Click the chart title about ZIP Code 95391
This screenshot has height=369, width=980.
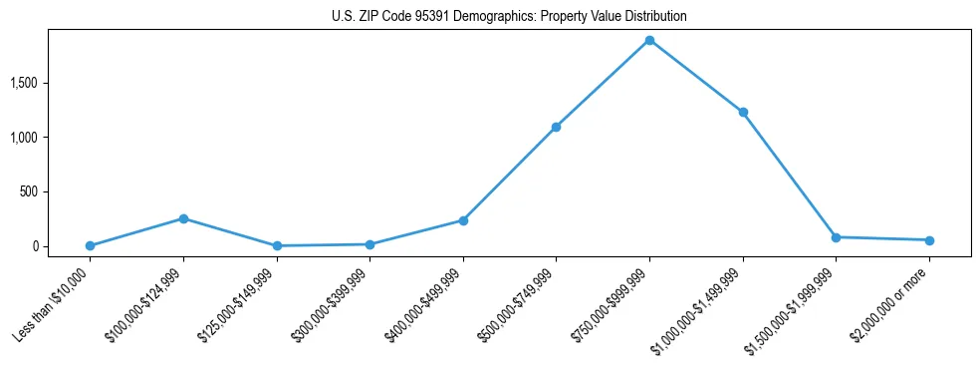click(x=509, y=17)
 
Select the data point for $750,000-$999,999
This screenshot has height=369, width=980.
click(x=649, y=41)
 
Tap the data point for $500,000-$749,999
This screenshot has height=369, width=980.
click(x=556, y=127)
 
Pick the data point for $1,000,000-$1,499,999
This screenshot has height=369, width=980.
click(x=743, y=113)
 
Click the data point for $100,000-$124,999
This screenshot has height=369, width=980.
click(x=183, y=218)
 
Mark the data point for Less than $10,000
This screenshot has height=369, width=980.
click(x=90, y=245)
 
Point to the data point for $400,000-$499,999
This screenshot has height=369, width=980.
click(x=463, y=220)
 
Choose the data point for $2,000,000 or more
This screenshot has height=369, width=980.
click(x=929, y=240)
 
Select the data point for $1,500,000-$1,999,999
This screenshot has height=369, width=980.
click(x=836, y=237)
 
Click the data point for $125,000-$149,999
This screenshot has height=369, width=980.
click(x=277, y=245)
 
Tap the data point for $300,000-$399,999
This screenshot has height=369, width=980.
click(x=369, y=244)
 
